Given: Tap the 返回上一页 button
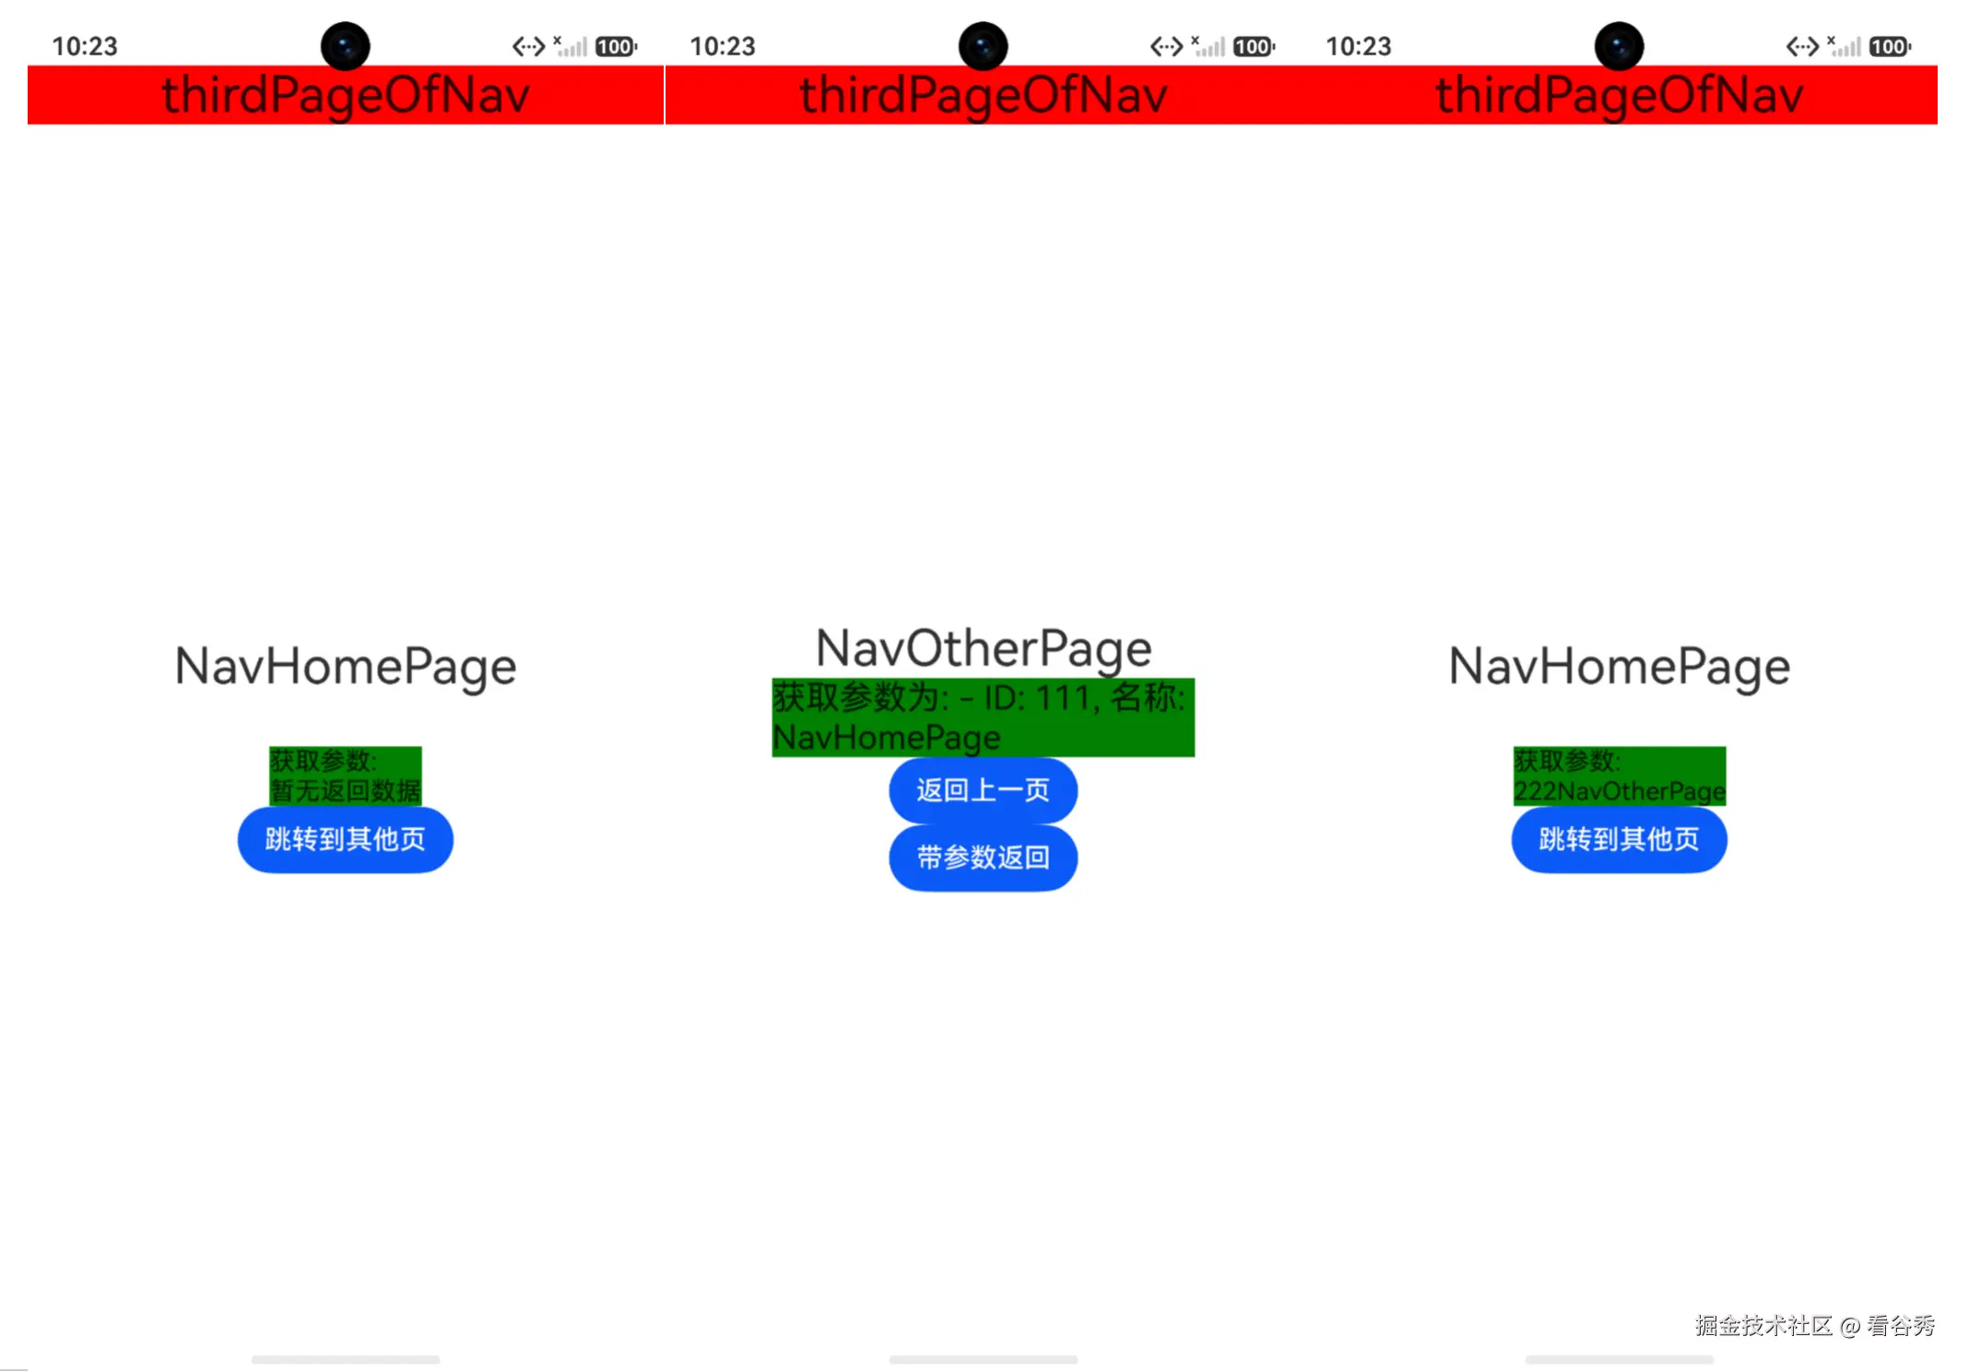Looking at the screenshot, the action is pyautogui.click(x=983, y=790).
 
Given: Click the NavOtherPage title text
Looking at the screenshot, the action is pyautogui.click(x=984, y=649).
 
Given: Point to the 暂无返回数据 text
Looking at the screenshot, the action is pyautogui.click(x=346, y=791).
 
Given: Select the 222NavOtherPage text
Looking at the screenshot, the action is pyautogui.click(x=1620, y=791).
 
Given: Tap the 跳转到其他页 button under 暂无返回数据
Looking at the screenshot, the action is pyautogui.click(x=346, y=839).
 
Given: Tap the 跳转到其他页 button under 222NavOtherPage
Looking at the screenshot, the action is pyautogui.click(x=1620, y=839).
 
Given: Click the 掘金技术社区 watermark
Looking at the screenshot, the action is pyautogui.click(x=1763, y=1326).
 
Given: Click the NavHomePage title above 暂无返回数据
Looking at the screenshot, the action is pyautogui.click(x=346, y=667).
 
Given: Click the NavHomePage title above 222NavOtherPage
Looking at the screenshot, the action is pyautogui.click(x=1620, y=667).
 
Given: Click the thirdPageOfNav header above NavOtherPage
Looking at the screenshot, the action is pyautogui.click(x=984, y=95).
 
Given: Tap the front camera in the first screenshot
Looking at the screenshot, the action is pyautogui.click(x=346, y=46).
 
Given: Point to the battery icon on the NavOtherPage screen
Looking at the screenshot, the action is pyautogui.click(x=1255, y=46).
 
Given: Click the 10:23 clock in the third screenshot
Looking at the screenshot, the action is pyautogui.click(x=1359, y=46).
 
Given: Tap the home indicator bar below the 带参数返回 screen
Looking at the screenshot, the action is pyautogui.click(x=984, y=1359).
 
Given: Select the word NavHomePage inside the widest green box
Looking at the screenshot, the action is pyautogui.click(x=887, y=738).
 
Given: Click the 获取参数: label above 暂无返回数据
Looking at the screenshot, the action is pyautogui.click(x=323, y=761).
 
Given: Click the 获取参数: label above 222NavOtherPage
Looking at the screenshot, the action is pyautogui.click(x=1567, y=761).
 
